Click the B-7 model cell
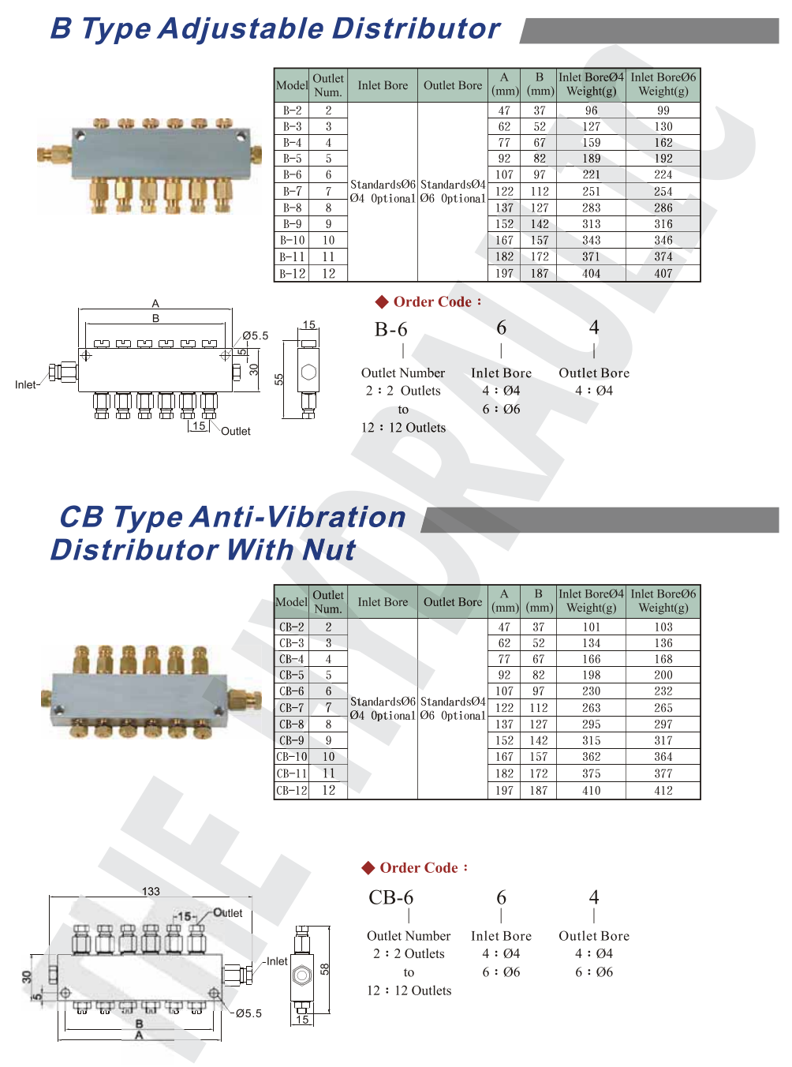coord(292,192)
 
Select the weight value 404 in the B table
coord(591,274)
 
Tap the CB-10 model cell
coord(291,757)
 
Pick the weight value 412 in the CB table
coord(663,791)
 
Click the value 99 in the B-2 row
coord(663,110)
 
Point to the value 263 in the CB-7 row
coord(591,708)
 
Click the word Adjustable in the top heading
coord(241,29)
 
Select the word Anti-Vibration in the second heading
coord(298,517)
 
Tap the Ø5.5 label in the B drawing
coord(256,335)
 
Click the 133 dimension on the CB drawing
coord(151,892)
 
